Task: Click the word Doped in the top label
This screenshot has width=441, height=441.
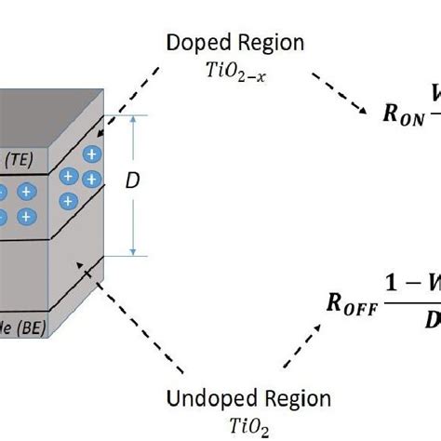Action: [194, 43]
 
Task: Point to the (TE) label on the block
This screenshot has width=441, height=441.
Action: [16, 160]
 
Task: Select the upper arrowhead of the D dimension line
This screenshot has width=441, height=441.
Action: [137, 120]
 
